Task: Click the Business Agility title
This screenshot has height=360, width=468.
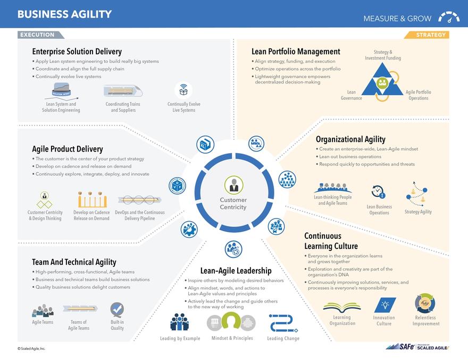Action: (64, 14)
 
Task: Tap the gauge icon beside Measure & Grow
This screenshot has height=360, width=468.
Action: (449, 18)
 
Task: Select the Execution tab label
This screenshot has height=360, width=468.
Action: (38, 35)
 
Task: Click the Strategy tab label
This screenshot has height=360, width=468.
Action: (430, 35)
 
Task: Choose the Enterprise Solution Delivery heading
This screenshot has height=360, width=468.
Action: (77, 52)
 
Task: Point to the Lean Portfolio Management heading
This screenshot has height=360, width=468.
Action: (296, 52)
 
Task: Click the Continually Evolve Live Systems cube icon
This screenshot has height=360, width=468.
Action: (183, 90)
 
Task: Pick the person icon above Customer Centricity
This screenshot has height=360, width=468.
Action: (233, 185)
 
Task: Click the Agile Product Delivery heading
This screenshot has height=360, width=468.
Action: (68, 149)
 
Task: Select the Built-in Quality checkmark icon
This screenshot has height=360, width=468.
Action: (117, 309)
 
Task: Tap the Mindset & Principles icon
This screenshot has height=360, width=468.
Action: (231, 322)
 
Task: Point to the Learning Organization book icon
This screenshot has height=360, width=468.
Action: (342, 307)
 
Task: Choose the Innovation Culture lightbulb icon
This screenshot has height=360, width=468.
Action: (384, 305)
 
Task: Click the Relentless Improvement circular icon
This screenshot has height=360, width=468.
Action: (425, 304)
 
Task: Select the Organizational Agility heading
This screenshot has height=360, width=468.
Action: (350, 139)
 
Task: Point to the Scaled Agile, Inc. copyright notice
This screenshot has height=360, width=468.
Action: (31, 349)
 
